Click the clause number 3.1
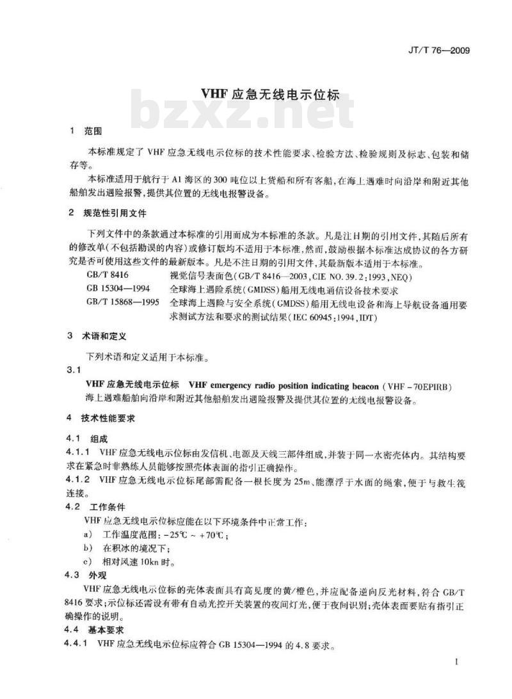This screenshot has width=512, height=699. [76, 371]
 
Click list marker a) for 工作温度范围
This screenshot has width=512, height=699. [87, 534]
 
